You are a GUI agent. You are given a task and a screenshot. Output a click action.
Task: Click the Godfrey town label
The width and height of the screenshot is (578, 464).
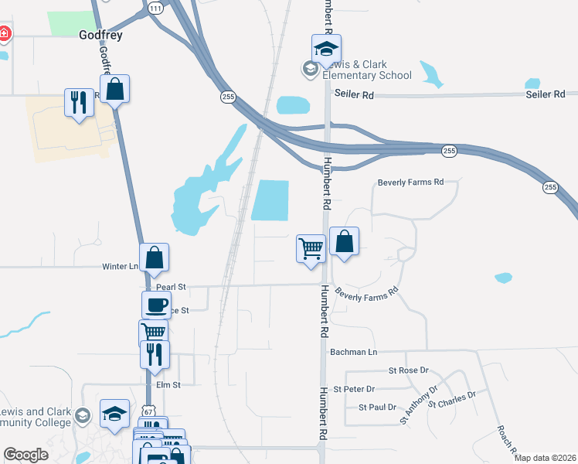pyautogui.click(x=101, y=35)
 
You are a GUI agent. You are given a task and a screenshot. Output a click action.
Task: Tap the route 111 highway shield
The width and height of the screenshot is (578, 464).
pyautogui.click(x=156, y=8)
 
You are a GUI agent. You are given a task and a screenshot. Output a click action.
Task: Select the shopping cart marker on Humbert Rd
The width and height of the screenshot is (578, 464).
pyautogui.click(x=311, y=250)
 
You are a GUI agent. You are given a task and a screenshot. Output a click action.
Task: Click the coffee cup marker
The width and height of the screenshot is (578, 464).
pyautogui.click(x=156, y=305)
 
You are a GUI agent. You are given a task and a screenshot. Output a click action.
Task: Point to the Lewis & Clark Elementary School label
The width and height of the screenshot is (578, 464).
pyautogui.click(x=367, y=70)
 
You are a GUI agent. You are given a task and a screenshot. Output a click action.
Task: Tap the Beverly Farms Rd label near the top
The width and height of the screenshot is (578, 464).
pyautogui.click(x=410, y=183)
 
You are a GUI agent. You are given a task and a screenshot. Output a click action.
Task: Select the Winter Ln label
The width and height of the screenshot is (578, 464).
pyautogui.click(x=120, y=267)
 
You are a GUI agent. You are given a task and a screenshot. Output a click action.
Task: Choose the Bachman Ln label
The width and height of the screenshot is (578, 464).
pyautogui.click(x=353, y=352)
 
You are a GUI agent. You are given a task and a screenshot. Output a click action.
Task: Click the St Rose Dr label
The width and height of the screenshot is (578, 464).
pyautogui.click(x=408, y=371)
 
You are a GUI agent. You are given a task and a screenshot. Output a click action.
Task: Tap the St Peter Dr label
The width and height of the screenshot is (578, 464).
pyautogui.click(x=354, y=389)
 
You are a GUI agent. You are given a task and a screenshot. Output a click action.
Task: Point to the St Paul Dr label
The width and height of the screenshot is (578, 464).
pyautogui.click(x=377, y=407)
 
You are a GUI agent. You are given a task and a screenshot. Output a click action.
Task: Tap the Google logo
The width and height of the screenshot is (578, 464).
pyautogui.click(x=26, y=455)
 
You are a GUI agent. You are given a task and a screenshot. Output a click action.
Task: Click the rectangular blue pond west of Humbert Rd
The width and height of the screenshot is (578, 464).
pyautogui.click(x=270, y=200)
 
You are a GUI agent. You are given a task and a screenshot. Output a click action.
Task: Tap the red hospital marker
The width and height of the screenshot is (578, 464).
pyautogui.click(x=4, y=33)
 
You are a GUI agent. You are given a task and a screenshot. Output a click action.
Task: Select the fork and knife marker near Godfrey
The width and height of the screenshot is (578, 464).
pyautogui.click(x=78, y=102)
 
